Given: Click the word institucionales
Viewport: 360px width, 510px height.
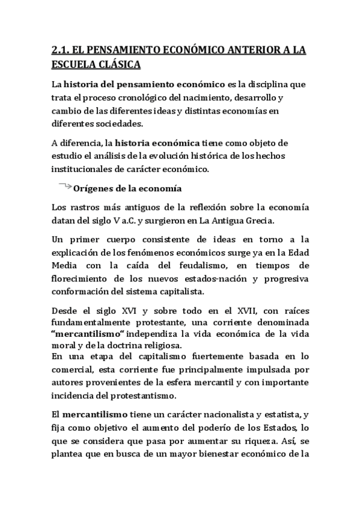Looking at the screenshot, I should pyautogui.click(x=83, y=170).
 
